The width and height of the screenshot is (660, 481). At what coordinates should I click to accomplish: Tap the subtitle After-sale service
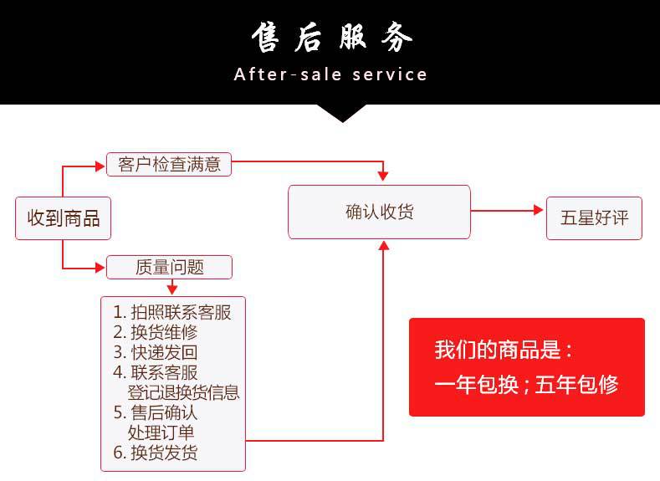tap(330, 74)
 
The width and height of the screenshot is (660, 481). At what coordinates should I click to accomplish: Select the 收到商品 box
tap(64, 218)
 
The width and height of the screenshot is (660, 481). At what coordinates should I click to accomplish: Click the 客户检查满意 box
tap(169, 165)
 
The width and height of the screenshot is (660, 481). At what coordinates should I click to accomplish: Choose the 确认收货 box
tap(379, 212)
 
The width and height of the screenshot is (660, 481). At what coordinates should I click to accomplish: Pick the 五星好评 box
tap(595, 218)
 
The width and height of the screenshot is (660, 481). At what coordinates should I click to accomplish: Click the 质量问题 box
tap(169, 267)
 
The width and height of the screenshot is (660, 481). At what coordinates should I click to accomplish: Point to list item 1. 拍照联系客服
tap(172, 313)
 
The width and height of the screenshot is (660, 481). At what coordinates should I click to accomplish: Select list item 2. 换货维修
tap(156, 332)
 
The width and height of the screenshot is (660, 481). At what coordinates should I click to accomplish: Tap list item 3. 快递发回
tap(156, 352)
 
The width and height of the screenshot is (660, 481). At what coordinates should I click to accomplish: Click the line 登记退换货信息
tap(183, 391)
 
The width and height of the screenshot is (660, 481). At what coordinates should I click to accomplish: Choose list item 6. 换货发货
tap(156, 453)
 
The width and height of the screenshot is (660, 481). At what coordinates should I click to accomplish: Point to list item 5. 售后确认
tap(156, 412)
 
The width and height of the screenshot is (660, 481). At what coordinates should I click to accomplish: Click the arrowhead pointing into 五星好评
tap(539, 211)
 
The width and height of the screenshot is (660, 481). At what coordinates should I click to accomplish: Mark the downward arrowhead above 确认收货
tap(383, 176)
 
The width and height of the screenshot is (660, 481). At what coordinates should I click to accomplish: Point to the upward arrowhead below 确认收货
tap(383, 244)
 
